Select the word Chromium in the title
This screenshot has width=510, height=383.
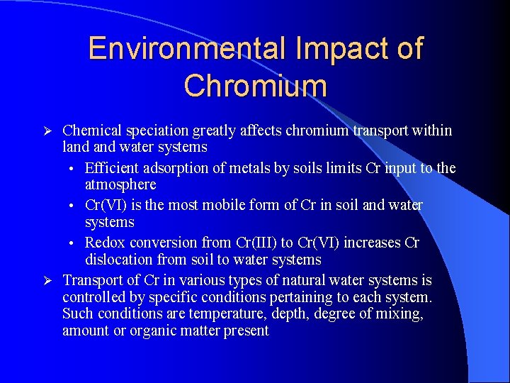pyautogui.click(x=255, y=86)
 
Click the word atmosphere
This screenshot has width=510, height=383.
pyautogui.click(x=120, y=184)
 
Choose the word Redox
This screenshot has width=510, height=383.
pyautogui.click(x=105, y=243)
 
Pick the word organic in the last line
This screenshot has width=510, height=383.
pyautogui.click(x=157, y=331)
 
